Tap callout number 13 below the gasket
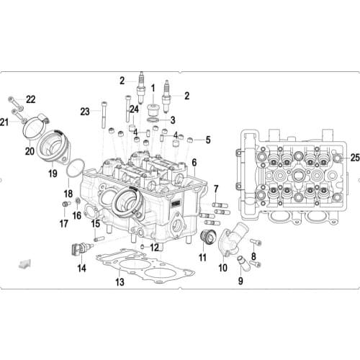(120, 282)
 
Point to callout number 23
(85, 111)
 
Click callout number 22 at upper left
(30, 99)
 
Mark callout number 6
(194, 163)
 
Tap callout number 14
(81, 268)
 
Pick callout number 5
(208, 140)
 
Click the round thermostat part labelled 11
(207, 238)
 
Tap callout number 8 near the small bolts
(253, 256)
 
